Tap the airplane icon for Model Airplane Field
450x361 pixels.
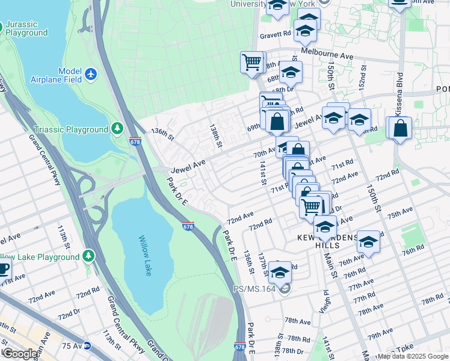coord(91,74)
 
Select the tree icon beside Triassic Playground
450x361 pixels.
coord(117,129)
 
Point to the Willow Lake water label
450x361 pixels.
coord(144,256)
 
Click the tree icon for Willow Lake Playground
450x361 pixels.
coord(89,257)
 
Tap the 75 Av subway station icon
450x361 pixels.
coord(87,346)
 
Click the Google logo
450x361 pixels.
coord(19,354)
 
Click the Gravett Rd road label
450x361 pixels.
coord(276,35)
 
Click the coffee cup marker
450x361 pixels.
coord(3,268)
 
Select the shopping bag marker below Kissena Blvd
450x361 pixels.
coord(400,128)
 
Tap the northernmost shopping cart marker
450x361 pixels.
coord(252,61)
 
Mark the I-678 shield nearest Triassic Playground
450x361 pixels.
coord(135,142)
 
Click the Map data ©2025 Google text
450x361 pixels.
coord(413,356)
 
